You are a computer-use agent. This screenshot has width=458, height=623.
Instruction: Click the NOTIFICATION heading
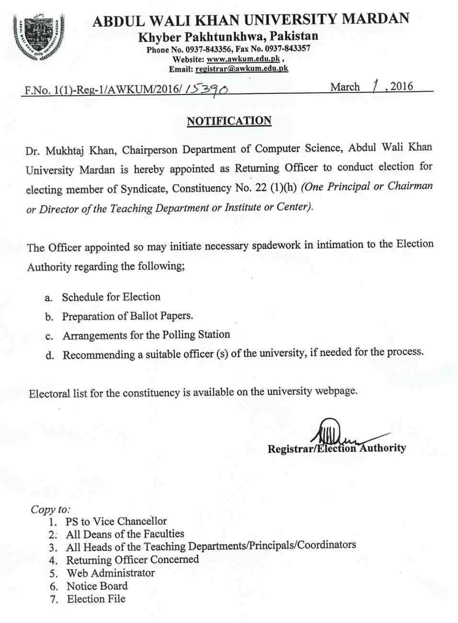click(x=229, y=121)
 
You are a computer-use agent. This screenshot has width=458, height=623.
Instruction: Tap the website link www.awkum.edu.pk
click(x=243, y=59)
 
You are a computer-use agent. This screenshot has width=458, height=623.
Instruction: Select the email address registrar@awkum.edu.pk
click(x=242, y=69)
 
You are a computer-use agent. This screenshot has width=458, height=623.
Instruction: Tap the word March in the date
click(x=345, y=87)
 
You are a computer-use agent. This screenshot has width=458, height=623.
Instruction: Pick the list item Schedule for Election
click(x=111, y=297)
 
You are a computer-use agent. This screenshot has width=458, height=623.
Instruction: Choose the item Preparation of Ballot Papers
click(x=127, y=316)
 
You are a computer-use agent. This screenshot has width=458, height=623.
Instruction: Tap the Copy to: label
click(x=50, y=509)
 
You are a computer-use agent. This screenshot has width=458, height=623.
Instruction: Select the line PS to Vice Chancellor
click(x=116, y=521)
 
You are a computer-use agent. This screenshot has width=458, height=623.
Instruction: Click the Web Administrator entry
click(x=111, y=573)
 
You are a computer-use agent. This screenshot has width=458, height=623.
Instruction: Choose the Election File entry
click(x=96, y=599)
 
